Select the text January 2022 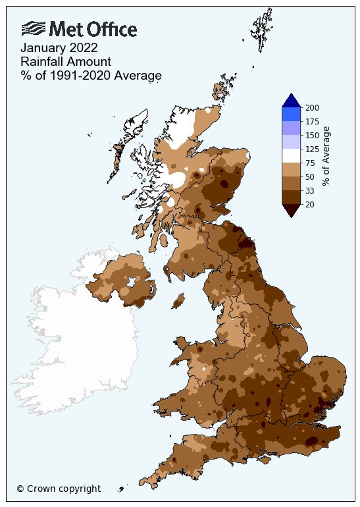59,48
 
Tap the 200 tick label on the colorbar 311,107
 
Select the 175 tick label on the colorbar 311,121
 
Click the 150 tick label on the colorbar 311,135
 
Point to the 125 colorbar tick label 311,149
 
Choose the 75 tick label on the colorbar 309,163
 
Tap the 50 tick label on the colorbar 309,176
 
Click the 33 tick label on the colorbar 309,190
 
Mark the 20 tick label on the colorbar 309,204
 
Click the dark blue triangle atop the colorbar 291,101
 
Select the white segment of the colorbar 291,155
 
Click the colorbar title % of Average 326,155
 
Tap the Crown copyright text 59,489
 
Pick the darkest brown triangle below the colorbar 291,209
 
